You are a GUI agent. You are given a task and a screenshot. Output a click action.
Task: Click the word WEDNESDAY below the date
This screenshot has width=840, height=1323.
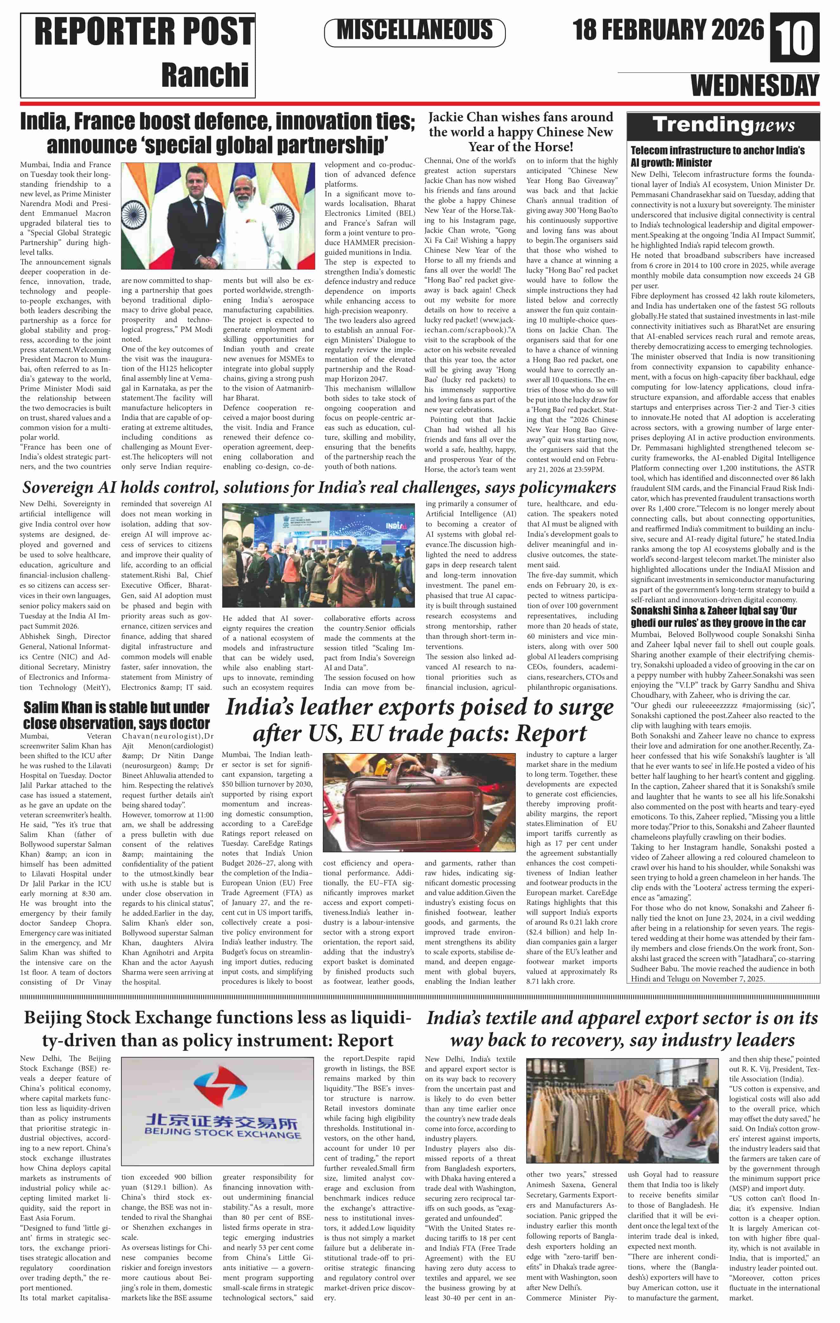coord(754,86)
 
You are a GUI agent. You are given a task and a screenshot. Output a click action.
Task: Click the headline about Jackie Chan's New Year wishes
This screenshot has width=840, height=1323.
coord(520,132)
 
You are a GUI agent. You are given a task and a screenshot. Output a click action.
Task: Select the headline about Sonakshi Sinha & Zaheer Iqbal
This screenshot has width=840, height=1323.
coord(718,616)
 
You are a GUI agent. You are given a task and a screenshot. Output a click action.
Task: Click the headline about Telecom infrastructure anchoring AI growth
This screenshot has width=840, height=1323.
coord(718,156)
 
